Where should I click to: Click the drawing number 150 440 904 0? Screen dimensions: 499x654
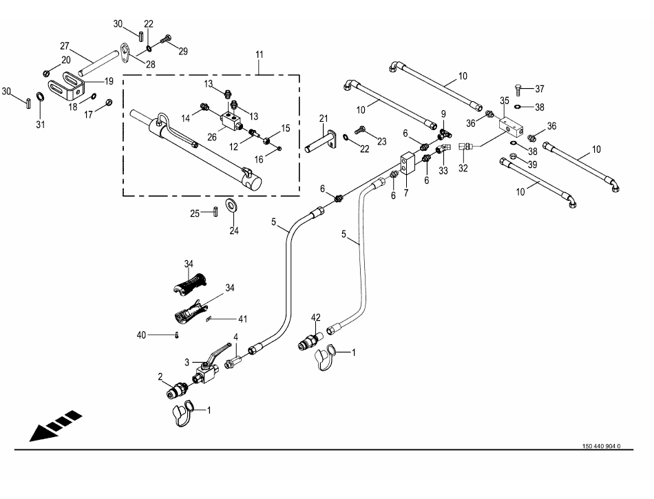point(601,446)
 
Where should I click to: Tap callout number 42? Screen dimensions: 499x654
point(316,318)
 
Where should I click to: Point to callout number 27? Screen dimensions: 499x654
point(65,46)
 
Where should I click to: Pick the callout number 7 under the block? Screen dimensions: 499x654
point(405,193)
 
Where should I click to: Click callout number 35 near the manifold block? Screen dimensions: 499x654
point(505,100)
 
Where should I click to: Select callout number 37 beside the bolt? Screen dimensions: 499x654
point(539,89)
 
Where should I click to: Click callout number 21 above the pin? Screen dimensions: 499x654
point(324,119)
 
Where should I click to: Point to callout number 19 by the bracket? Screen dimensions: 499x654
point(109,81)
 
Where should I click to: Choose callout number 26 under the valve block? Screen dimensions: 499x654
point(212,137)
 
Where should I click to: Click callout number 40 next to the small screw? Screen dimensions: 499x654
point(142,335)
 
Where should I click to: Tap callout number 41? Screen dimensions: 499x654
point(242,319)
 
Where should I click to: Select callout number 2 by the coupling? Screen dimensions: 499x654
point(160,376)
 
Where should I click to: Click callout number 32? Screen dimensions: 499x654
point(463,167)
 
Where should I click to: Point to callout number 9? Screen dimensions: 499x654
point(443,113)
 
